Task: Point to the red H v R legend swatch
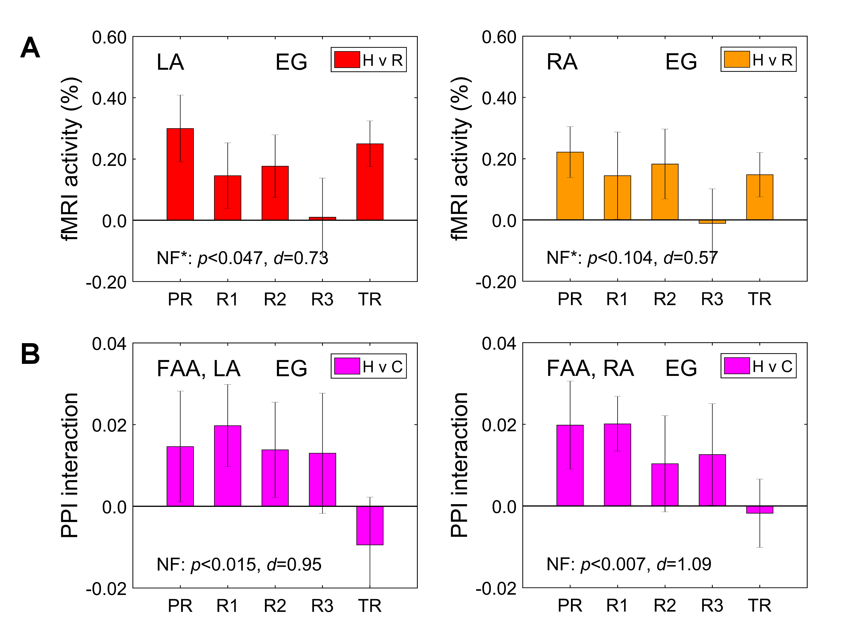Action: point(347,60)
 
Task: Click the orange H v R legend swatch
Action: point(737,59)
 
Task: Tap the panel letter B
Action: point(30,354)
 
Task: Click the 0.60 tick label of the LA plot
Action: point(109,38)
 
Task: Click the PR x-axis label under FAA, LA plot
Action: point(180,605)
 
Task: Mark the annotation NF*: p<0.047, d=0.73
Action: point(242,258)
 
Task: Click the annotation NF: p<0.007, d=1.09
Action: point(629,564)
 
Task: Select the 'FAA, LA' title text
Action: point(198,368)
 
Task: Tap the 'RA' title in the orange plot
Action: point(562,62)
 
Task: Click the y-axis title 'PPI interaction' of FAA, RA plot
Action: point(459,465)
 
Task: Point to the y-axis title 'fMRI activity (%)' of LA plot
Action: point(70,159)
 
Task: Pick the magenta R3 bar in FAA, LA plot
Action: point(322,480)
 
